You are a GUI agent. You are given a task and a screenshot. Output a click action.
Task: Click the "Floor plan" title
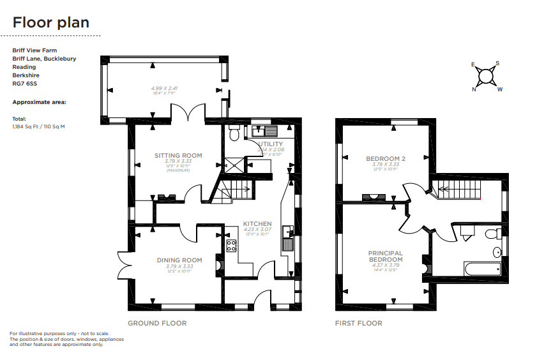click(x=51, y=22)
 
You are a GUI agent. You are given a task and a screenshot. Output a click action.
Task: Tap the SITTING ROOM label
click(x=179, y=155)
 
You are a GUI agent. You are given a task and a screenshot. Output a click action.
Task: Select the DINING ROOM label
click(x=179, y=260)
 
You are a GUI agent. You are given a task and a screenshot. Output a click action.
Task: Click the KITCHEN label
click(x=257, y=224)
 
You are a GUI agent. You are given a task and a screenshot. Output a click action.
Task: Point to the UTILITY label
click(x=269, y=144)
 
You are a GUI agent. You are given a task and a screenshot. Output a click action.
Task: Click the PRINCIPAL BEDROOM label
click(x=386, y=257)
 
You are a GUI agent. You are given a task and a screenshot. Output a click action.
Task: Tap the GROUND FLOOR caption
click(x=157, y=323)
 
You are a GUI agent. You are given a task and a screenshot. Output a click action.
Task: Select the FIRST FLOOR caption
click(x=358, y=323)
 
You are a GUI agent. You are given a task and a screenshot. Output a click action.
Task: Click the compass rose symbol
click(x=487, y=76)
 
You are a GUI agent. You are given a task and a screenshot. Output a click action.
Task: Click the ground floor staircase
click(x=237, y=190)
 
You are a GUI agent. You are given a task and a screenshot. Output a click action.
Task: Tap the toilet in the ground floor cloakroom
click(x=234, y=135)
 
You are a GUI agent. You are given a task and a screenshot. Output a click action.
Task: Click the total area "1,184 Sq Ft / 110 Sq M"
click(x=39, y=126)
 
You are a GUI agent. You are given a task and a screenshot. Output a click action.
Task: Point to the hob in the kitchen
click(x=231, y=245)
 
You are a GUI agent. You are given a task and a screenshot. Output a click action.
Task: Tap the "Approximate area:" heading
click(x=39, y=102)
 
